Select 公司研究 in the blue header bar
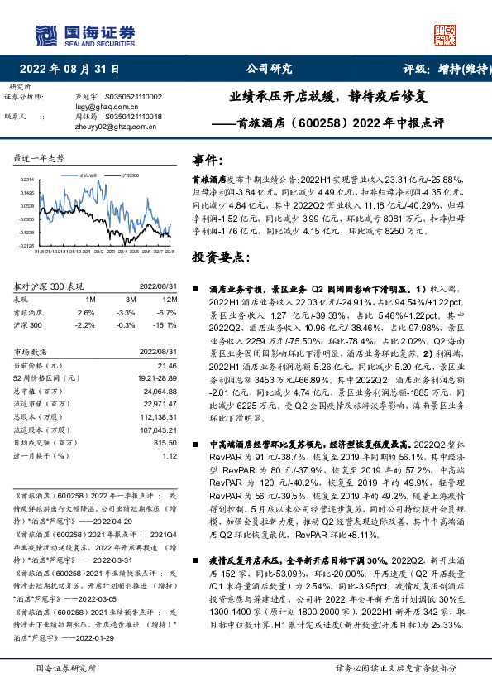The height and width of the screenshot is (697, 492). pyautogui.click(x=269, y=70)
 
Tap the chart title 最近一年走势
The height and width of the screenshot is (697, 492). pyautogui.click(x=40, y=157)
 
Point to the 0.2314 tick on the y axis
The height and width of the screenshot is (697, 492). pyautogui.click(x=27, y=179)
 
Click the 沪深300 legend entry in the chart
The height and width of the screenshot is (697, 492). pyautogui.click(x=128, y=176)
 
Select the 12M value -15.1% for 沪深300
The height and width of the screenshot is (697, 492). pyautogui.click(x=166, y=325)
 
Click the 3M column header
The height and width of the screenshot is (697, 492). pyautogui.click(x=125, y=299)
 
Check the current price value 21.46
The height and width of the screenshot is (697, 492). pyautogui.click(x=166, y=364)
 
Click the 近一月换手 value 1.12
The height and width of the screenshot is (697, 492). pyautogui.click(x=170, y=454)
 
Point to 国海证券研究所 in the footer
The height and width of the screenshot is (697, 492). pyautogui.click(x=67, y=666)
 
